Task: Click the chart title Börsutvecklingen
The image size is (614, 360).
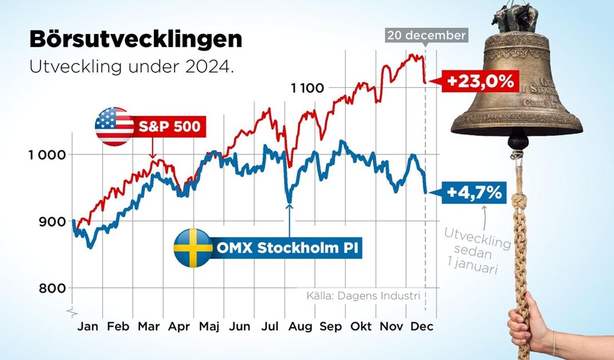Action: pos(135,40)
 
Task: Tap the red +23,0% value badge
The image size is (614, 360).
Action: pos(481,82)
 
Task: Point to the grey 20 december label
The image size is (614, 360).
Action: pos(426,36)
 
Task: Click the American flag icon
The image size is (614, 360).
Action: pos(113,126)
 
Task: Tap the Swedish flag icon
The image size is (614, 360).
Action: pos(193,248)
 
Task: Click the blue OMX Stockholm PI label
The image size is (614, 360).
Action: pos(286,248)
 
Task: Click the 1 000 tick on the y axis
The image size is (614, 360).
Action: pos(47,154)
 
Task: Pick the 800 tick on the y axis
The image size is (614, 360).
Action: pos(53,288)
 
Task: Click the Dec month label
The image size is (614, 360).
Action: pos(422,327)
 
